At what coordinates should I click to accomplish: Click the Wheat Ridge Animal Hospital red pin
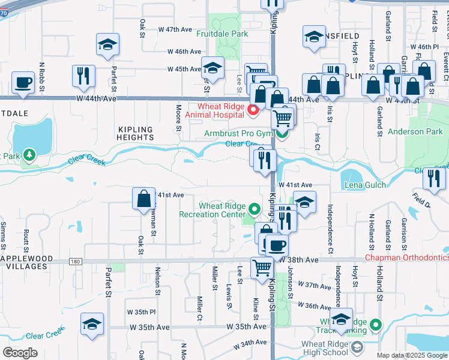point(253,109)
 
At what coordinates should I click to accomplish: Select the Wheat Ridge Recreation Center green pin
point(255,210)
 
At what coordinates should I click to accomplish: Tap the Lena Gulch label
point(365,185)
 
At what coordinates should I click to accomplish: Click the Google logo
point(19,353)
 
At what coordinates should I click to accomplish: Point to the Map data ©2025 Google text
point(412,355)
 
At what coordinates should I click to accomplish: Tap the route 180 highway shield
point(75,261)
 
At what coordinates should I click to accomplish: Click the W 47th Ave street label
point(175,29)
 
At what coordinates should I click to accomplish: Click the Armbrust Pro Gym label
point(238,133)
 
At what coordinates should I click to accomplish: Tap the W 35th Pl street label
point(141,313)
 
